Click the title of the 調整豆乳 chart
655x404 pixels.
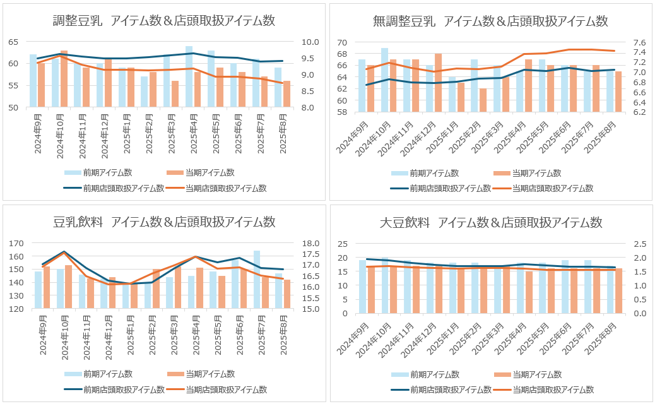pos(164,21)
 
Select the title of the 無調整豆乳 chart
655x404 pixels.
pos(490,21)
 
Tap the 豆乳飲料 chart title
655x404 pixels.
pos(164,222)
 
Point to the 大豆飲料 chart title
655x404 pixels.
pos(490,223)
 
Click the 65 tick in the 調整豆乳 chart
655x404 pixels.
pos(13,42)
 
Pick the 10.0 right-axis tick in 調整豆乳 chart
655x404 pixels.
pos(310,42)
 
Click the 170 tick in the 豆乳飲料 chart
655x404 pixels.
pos(15,243)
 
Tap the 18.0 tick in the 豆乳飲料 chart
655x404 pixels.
pos(310,243)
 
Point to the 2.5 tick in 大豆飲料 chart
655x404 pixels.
pos(635,244)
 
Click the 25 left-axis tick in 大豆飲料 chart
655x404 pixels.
pos(342,244)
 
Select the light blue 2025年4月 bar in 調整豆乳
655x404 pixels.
pos(189,76)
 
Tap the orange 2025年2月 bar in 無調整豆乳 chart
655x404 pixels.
pos(483,100)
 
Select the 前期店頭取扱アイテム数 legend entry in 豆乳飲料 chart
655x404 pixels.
pos(115,389)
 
